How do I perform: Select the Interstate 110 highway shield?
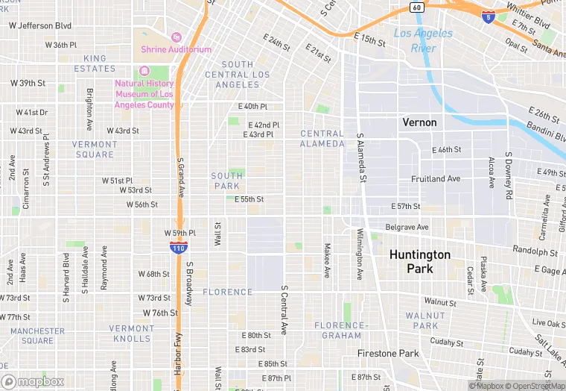(x=178, y=246)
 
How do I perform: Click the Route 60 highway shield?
(x=416, y=7)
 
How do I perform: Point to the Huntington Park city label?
(x=419, y=261)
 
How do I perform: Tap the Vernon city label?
(x=419, y=122)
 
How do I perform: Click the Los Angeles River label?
(x=422, y=40)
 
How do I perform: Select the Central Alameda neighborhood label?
(x=322, y=139)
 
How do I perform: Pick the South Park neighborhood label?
(x=226, y=181)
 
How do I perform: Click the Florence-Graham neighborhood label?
(x=340, y=331)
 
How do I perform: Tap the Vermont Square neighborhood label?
(x=95, y=149)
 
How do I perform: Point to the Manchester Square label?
(x=37, y=336)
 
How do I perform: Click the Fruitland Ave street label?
(x=436, y=179)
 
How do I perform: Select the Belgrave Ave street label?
(x=407, y=227)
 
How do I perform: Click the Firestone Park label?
(x=388, y=353)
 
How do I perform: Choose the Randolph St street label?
(x=515, y=251)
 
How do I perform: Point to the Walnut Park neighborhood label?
(x=425, y=321)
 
